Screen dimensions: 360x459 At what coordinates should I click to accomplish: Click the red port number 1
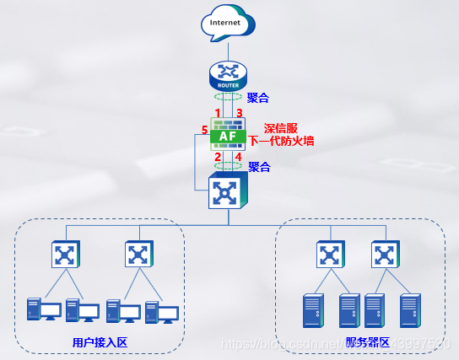tap(217, 112)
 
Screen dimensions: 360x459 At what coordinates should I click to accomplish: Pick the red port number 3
tap(240, 112)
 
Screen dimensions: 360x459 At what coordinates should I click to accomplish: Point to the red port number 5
tap(204, 129)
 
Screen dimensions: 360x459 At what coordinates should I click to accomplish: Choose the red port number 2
tap(217, 157)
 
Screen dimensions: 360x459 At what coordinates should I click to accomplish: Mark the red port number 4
tap(240, 157)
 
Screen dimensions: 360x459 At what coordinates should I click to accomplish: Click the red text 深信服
tap(282, 128)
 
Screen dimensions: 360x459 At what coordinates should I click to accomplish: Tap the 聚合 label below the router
tap(258, 99)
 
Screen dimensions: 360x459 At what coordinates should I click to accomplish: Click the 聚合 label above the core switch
tap(259, 167)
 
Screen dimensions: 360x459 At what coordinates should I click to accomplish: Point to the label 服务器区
tap(368, 341)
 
